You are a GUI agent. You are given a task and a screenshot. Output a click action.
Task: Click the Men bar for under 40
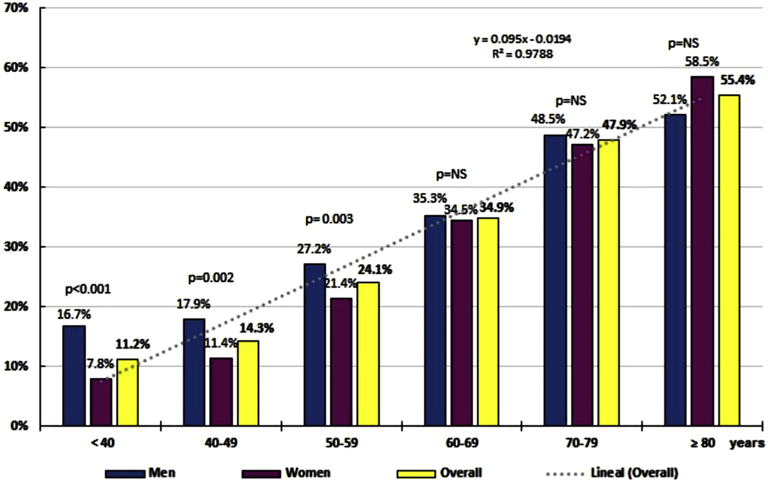pos(74,375)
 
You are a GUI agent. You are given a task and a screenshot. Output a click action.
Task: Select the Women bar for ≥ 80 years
pos(702,251)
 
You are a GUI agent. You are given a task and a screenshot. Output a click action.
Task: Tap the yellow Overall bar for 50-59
pos(368,354)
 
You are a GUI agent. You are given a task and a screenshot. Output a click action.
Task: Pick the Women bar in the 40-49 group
pos(221,391)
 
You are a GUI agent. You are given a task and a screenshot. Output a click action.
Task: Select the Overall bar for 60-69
pos(488,321)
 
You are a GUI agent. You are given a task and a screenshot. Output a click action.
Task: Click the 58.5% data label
pos(702,62)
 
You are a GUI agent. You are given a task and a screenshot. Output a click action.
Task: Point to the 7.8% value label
pos(100,364)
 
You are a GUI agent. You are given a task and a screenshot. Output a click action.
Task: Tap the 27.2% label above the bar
pos(314,249)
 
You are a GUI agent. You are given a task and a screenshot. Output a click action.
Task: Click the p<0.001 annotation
pos(88,289)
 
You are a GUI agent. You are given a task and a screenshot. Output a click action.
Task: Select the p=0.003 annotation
pos(329,219)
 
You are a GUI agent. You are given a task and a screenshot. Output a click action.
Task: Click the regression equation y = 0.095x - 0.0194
pos(522,39)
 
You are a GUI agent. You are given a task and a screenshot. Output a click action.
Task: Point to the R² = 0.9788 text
pos(522,54)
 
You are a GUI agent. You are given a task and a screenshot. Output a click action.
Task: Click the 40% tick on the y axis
pos(17,187)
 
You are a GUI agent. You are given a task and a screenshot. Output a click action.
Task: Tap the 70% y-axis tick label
pos(17,8)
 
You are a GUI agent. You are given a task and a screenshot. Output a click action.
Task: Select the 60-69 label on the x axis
pos(462,443)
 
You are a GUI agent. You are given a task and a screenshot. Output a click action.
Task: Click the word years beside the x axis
pos(747,443)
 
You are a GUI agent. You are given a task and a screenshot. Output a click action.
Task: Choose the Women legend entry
pos(308,473)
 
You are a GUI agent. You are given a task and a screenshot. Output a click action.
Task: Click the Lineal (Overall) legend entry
pos(634,473)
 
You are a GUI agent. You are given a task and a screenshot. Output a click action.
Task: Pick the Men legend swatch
pos(125,474)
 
